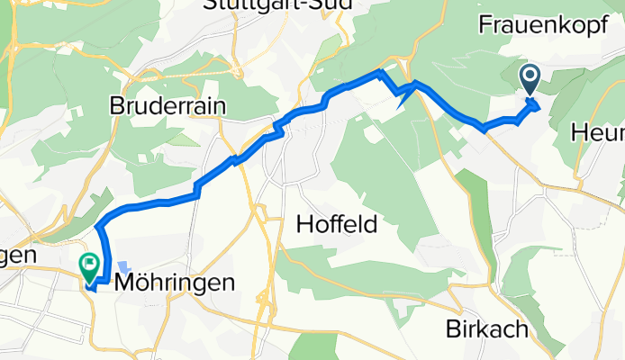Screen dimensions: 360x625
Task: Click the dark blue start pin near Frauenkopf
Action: click(529, 80)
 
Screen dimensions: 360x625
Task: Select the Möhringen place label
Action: click(177, 283)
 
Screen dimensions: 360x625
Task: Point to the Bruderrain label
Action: click(167, 105)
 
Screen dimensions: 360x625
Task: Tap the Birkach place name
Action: click(486, 329)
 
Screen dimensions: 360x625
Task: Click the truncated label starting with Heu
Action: click(599, 133)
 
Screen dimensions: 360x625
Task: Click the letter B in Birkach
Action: click(453, 329)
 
